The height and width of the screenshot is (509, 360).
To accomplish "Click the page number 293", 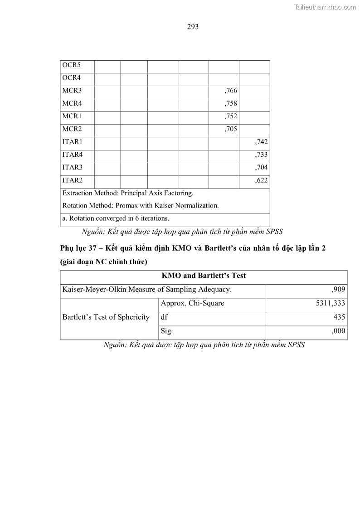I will click(193, 27).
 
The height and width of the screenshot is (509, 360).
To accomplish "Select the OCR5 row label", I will click(72, 65).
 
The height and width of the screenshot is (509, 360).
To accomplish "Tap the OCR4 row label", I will click(72, 78).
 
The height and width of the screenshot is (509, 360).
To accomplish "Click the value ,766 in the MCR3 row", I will click(231, 91).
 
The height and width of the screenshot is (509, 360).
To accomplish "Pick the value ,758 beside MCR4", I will click(231, 103).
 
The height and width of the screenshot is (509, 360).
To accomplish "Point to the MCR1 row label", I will click(72, 116).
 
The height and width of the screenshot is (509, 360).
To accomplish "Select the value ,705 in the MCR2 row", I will click(231, 129).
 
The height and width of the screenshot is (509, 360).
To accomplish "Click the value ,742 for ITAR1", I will click(262, 142).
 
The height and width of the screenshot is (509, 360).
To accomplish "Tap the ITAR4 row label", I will click(73, 155).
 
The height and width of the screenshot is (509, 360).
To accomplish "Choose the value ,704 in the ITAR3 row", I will click(262, 168).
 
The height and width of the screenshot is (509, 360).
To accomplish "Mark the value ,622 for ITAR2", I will click(262, 180).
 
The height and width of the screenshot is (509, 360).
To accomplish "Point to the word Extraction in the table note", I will click(78, 193).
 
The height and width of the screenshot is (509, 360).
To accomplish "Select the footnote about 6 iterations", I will click(116, 218).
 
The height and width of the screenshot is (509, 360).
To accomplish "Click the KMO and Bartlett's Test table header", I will click(204, 276).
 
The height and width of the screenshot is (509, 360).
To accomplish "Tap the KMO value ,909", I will click(338, 289).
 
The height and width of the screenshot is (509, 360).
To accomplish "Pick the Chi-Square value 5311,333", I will click(331, 303).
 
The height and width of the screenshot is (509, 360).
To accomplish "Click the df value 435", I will click(339, 317).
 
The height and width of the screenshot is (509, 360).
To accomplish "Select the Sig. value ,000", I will click(338, 331).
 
